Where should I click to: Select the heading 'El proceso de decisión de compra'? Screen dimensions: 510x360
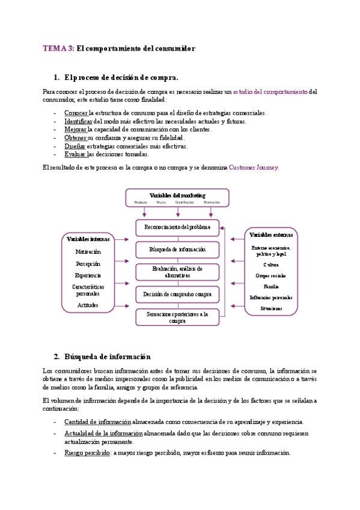[121, 78]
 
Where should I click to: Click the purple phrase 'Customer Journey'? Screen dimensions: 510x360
[254, 168]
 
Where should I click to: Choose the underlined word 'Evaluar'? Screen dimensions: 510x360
[75, 154]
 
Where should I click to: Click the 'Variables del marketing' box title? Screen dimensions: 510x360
[177, 195]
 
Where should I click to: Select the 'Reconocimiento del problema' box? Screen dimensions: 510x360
[177, 227]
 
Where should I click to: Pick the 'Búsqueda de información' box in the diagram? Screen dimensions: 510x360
[177, 249]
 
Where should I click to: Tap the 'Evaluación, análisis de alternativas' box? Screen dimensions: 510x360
[177, 272]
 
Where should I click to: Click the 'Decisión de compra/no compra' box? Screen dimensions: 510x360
[177, 295]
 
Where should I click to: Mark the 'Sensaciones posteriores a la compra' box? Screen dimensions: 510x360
[177, 317]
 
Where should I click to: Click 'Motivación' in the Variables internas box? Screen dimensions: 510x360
[88, 252]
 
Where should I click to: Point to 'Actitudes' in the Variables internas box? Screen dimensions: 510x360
[88, 305]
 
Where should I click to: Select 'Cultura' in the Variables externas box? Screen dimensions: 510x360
[271, 264]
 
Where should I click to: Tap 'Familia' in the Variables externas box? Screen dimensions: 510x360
[271, 286]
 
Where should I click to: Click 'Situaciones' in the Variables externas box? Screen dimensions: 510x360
[271, 309]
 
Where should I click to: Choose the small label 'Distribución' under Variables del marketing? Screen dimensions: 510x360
[185, 203]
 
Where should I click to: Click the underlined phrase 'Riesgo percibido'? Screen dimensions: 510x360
[87, 452]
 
